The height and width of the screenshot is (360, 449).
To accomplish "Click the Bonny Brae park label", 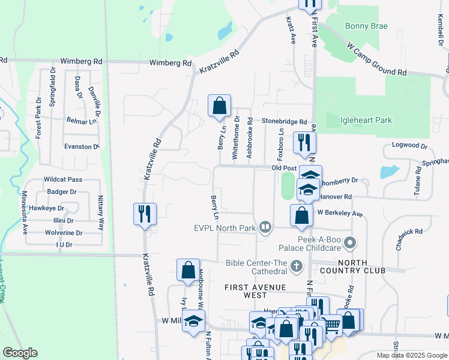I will (x=366, y=26).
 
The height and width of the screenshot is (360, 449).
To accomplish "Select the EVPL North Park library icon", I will (x=265, y=227).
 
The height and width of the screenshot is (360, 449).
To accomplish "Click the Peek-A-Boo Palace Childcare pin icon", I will (x=352, y=243).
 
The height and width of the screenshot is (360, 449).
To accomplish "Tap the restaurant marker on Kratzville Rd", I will (x=145, y=214).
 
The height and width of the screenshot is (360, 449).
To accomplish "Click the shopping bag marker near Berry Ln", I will (x=220, y=106).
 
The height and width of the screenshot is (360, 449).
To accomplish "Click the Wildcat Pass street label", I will (x=62, y=179).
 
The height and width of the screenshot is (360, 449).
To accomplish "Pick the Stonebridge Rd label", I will (x=284, y=121).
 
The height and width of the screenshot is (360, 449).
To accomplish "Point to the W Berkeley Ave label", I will (x=340, y=213).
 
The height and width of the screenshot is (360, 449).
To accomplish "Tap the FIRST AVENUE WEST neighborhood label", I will (x=254, y=291).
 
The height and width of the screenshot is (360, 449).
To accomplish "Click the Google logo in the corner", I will (x=20, y=353).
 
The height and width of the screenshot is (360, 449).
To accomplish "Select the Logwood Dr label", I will (x=409, y=146).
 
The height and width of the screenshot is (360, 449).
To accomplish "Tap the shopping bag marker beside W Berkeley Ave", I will (x=301, y=215).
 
